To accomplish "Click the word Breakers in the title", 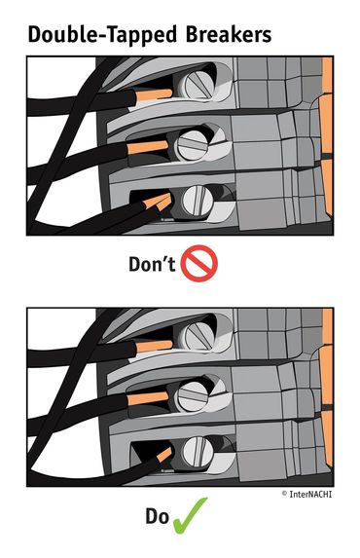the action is [229, 35].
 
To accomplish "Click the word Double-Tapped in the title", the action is [102, 36].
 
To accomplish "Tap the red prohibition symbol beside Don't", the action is [199, 263].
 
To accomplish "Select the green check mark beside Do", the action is [190, 516].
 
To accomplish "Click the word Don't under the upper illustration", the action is [152, 264].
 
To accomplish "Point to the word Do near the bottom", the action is [157, 516].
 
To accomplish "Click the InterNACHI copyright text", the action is [306, 494].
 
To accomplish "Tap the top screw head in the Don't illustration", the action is [196, 86].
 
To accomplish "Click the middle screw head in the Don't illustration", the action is [193, 145].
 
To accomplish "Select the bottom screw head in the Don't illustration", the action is [198, 201].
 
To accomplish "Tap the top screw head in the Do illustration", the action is [196, 336].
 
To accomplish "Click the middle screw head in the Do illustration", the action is [193, 395].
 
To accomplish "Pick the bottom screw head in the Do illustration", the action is [198, 451].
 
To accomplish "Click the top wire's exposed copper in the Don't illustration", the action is [154, 95].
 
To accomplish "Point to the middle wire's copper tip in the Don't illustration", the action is [148, 147].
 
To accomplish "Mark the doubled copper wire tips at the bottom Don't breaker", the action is [159, 203].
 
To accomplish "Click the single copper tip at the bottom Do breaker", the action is [164, 455].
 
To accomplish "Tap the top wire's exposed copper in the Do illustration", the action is [154, 346].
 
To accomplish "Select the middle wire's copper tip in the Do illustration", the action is [148, 398].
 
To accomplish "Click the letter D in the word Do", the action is [151, 516].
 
